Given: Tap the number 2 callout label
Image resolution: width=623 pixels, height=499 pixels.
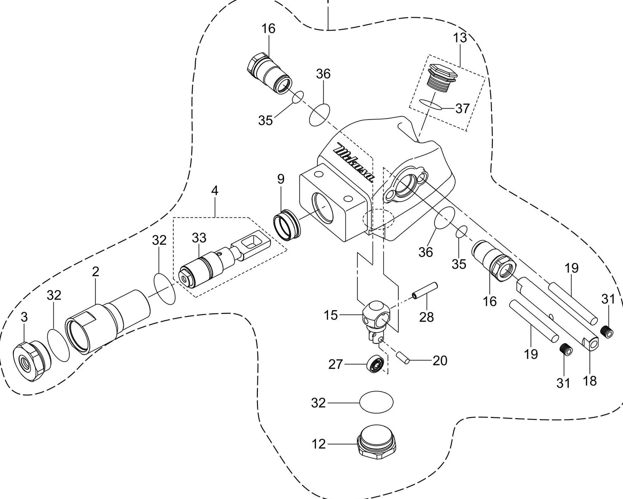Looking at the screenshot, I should coord(95,272).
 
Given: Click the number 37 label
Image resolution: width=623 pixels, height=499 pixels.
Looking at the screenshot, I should coord(462,108).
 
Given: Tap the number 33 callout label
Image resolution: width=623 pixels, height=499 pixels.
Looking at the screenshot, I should coord(199,238).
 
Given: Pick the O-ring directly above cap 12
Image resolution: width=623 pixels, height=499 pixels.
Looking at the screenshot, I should coord(376,402).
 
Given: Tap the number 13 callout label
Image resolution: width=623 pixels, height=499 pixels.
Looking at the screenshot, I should coord(460,38).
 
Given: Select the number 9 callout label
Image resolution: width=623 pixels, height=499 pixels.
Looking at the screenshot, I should coord(281,179).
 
